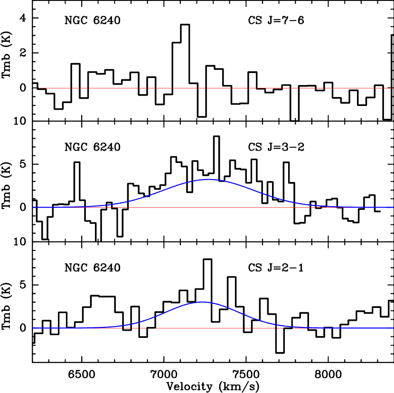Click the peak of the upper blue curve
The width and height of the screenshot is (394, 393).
tap(208, 179)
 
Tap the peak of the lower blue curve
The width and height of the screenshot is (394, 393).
tap(203, 302)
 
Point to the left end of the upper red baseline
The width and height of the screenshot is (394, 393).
tap(33, 208)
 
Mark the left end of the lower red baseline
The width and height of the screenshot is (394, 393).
tap(33, 328)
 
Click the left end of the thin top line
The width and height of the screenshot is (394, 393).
tap(39, 88)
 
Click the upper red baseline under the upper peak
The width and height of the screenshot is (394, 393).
tap(208, 208)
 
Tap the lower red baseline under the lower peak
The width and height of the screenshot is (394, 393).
tap(203, 328)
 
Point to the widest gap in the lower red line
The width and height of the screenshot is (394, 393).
tap(151, 328)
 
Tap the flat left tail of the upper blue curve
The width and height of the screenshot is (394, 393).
tap(57, 207)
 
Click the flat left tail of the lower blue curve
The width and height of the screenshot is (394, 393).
tap(57, 328)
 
